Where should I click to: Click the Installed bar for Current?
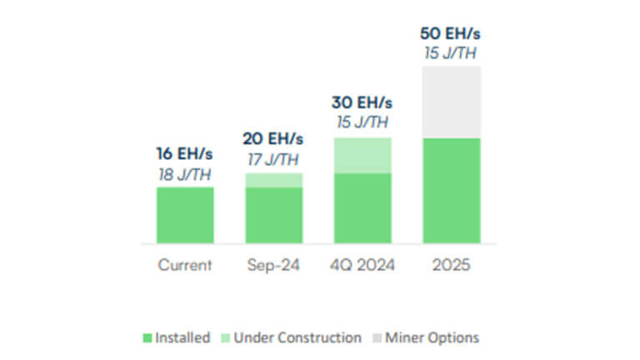(185, 215)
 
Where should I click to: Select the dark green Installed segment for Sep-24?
(273, 215)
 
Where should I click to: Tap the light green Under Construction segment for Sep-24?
(273, 180)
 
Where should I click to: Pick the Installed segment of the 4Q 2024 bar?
(362, 208)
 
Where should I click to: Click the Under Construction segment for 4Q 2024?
(362, 155)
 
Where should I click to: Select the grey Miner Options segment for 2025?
(451, 102)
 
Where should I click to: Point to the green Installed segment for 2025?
(451, 190)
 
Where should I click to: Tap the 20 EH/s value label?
(273, 138)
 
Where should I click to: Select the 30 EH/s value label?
(362, 103)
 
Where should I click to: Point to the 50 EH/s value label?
(451, 35)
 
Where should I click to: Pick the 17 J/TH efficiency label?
(273, 158)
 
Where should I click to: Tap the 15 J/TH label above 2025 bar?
(451, 54)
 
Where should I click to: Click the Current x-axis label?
(185, 266)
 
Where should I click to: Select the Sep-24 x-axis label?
(273, 266)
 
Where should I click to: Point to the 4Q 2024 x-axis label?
(362, 266)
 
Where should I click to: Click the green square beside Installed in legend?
(147, 338)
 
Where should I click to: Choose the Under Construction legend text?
(297, 337)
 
